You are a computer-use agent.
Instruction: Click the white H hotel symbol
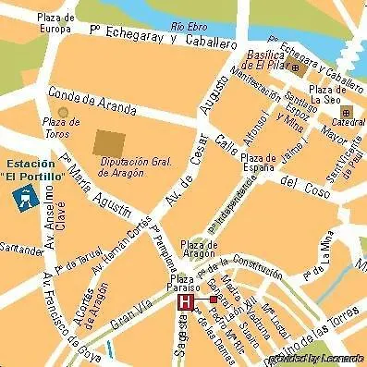[x=186, y=302]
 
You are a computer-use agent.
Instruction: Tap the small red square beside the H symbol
[x=213, y=300]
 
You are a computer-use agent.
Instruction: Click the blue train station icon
[x=23, y=196]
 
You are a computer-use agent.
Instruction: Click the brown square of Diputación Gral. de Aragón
[x=111, y=143]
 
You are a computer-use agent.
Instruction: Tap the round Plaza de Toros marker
[x=63, y=112]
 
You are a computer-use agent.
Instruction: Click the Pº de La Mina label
[x=323, y=255]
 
